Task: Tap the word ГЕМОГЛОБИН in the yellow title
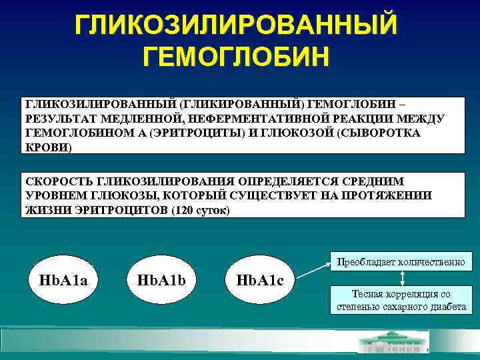[237, 57]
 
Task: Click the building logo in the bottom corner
[394, 343]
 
